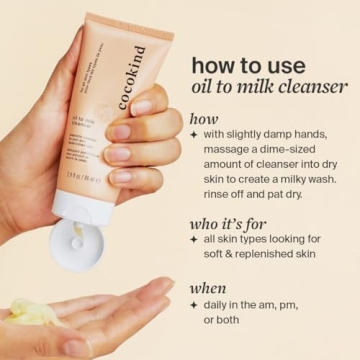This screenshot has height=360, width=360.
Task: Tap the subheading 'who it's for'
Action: tap(236, 221)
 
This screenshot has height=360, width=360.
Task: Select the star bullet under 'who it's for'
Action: tap(193, 240)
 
